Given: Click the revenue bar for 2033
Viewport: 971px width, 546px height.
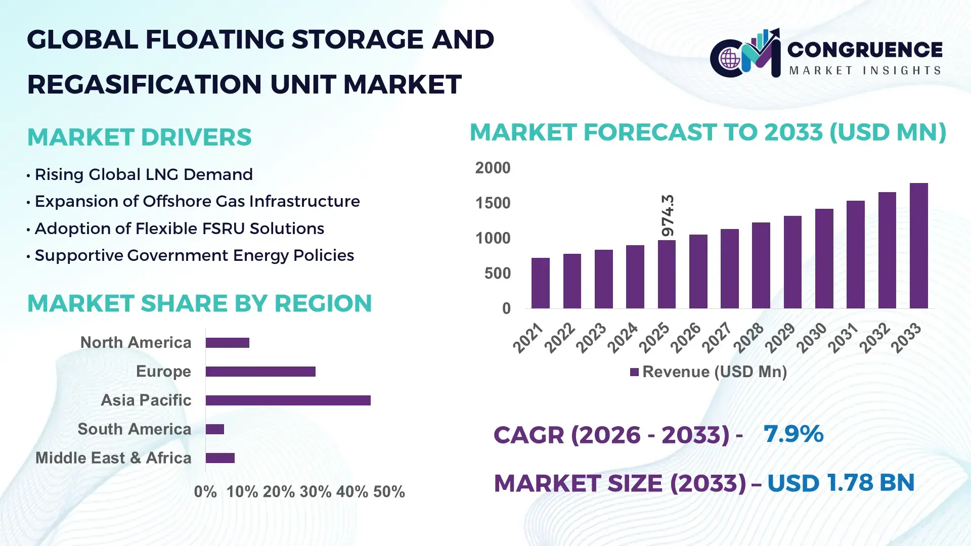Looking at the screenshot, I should [918, 246].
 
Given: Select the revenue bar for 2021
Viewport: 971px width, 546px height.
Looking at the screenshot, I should [540, 283].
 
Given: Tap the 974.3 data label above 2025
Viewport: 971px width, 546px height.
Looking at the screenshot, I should [668, 215].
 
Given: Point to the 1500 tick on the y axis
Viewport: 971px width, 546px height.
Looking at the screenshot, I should [493, 203].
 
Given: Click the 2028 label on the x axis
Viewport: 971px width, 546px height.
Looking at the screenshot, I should [749, 338].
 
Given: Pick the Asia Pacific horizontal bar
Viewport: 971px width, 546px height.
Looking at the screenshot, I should [288, 400].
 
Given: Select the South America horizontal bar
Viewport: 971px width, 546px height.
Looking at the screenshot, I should [215, 429].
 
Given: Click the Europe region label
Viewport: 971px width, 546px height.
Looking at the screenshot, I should [163, 372].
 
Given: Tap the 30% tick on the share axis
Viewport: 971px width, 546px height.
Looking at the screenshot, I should [316, 492].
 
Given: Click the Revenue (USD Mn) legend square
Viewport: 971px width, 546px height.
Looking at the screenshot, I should [634, 373].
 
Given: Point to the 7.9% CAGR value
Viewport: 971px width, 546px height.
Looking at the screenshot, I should [793, 434].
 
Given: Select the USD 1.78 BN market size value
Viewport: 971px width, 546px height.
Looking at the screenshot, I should [841, 483].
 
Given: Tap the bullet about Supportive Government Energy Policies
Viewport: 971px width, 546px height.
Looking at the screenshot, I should [194, 255].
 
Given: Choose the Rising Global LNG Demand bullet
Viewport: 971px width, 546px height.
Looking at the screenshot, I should [144, 174].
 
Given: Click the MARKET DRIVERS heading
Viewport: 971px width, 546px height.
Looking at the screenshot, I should [139, 138].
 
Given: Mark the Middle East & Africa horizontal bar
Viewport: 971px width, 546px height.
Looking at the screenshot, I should [220, 458].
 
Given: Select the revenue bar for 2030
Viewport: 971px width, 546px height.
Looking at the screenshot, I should [824, 258].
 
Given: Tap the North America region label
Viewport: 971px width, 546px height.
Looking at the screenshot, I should [136, 343].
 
